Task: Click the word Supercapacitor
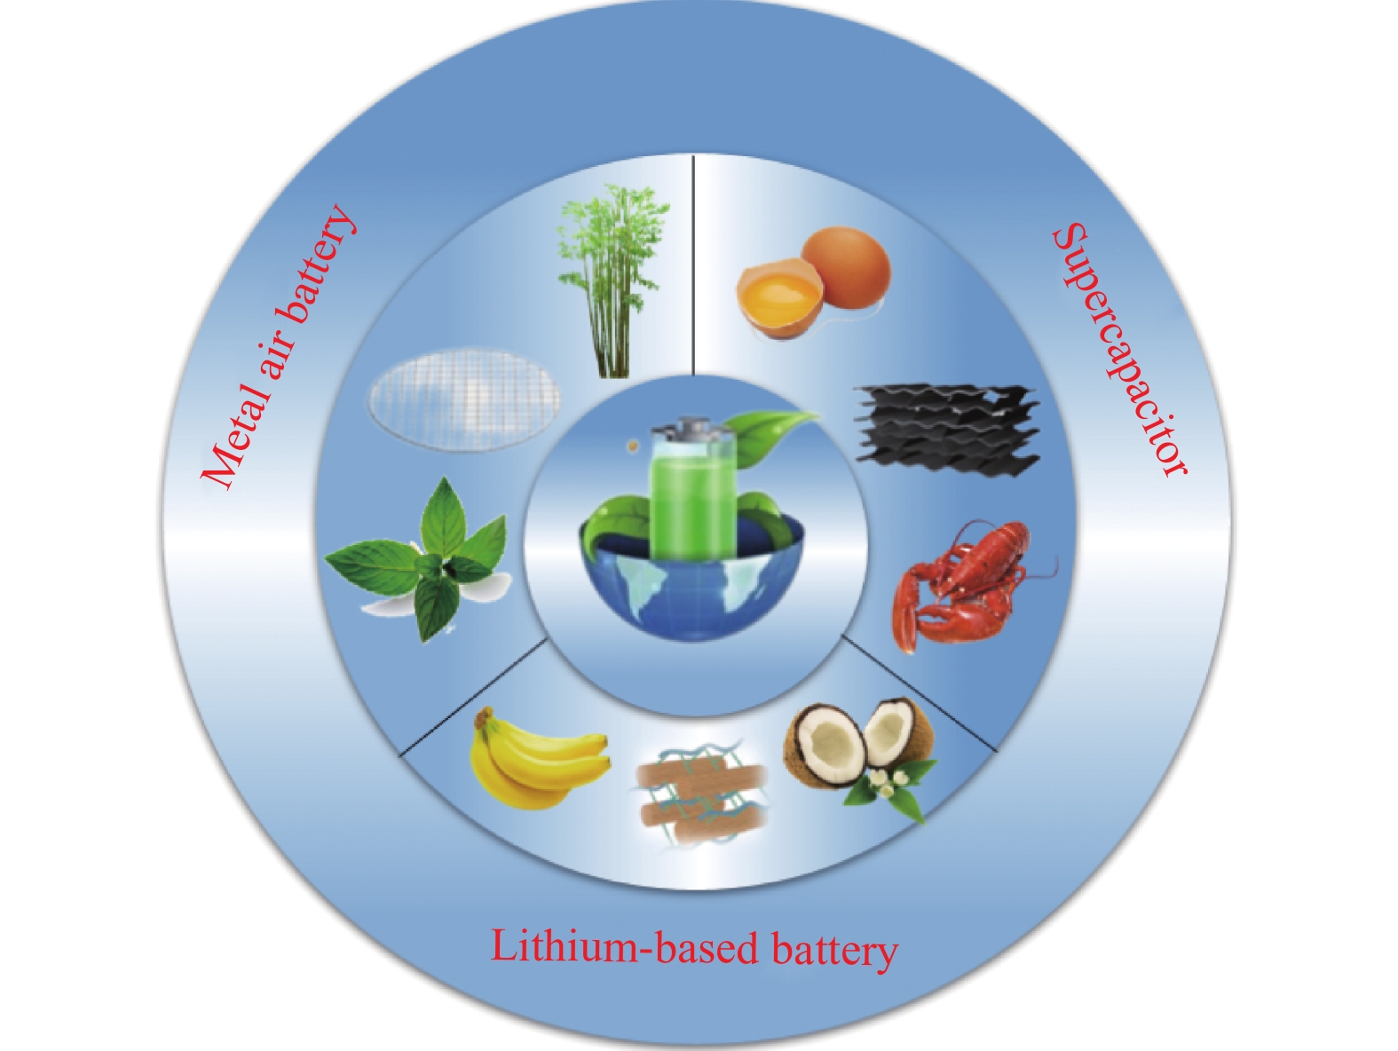tap(1120, 352)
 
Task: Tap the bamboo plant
tap(600, 284)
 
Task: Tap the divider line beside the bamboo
tap(692, 266)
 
